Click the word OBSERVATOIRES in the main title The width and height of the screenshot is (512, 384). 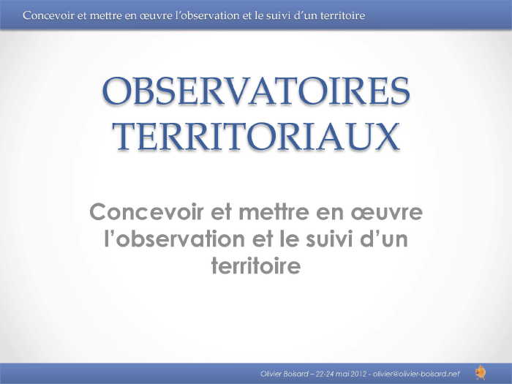point(256,91)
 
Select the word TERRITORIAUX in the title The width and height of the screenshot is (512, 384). point(256,136)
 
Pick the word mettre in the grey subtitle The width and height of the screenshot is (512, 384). point(274,211)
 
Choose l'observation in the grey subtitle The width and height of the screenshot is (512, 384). point(174,238)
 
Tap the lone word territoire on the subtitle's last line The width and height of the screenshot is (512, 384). point(256,266)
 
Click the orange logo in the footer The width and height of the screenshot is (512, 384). point(481,372)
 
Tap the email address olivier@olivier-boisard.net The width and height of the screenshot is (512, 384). point(416,374)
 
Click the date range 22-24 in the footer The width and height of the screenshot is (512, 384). point(325,374)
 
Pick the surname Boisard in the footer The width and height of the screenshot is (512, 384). point(295,374)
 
